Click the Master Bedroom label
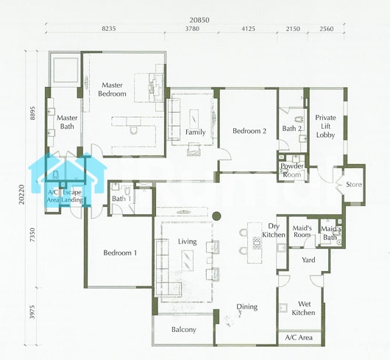point(112,89)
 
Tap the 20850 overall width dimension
point(199,20)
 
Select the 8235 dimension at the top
point(109,29)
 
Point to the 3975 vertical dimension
point(32,312)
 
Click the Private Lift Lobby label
point(325,126)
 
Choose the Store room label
point(354,184)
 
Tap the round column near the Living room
point(216,216)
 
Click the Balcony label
point(184,330)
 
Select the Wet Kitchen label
point(303,308)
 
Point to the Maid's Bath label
point(331,233)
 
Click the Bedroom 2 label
point(249,131)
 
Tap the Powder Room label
point(291,170)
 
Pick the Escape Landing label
point(72,196)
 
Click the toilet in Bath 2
point(299,120)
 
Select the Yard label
point(308,260)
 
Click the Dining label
point(247,307)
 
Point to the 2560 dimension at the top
point(326,29)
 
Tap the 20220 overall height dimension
point(22,194)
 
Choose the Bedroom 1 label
point(120,253)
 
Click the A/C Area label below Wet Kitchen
point(299,338)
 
